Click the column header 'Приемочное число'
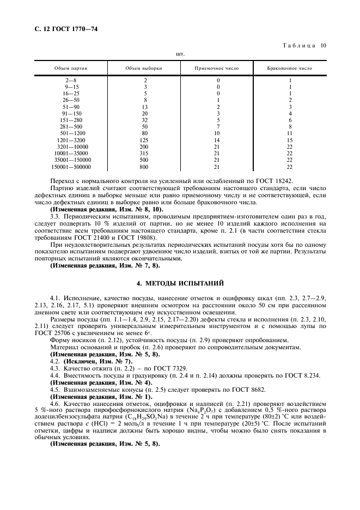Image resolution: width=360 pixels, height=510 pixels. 217,69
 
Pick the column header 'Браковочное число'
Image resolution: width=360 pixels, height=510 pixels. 290,69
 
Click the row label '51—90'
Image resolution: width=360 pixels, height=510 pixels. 71,107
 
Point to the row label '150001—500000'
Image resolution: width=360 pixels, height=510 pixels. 71,167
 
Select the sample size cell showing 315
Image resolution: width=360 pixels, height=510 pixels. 145,153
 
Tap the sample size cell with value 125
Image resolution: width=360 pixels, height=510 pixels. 145,140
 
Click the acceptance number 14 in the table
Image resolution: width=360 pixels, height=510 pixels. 217,140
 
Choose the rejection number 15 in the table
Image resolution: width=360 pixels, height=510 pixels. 290,140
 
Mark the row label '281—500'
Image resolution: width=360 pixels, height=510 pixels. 71,126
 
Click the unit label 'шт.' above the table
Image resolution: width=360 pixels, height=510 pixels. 180,54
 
